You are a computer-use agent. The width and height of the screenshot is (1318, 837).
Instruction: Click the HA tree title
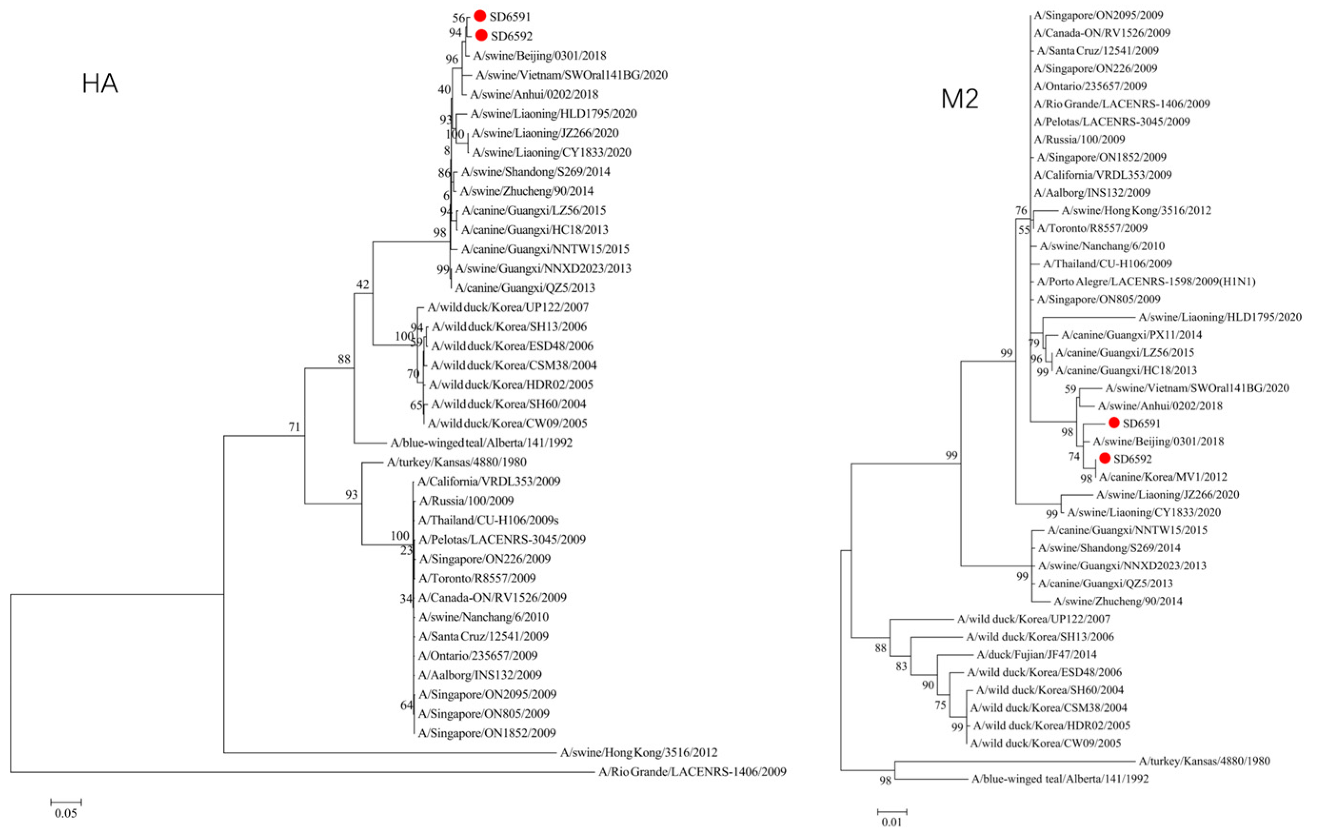(x=99, y=84)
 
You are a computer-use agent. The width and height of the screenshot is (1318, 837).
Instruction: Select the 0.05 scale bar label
(x=66, y=813)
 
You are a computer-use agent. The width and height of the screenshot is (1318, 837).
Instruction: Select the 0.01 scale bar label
(x=891, y=821)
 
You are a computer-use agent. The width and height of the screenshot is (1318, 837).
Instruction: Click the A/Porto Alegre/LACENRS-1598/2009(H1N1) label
(x=1146, y=282)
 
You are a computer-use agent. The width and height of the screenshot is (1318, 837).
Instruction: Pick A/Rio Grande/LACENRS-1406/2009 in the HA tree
(x=692, y=772)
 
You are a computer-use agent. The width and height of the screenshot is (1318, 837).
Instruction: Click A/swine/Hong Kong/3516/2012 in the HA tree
(x=638, y=753)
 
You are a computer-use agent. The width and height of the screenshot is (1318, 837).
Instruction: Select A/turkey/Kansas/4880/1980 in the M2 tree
(x=1204, y=761)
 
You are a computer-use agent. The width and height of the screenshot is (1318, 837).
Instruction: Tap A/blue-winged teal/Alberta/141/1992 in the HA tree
(x=481, y=443)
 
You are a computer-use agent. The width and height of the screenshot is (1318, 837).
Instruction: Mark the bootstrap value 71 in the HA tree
(x=295, y=427)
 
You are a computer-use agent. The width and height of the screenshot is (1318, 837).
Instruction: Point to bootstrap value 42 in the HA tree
(x=363, y=284)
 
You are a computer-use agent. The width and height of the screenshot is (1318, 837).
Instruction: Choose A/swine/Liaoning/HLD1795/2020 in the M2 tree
(x=1220, y=317)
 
